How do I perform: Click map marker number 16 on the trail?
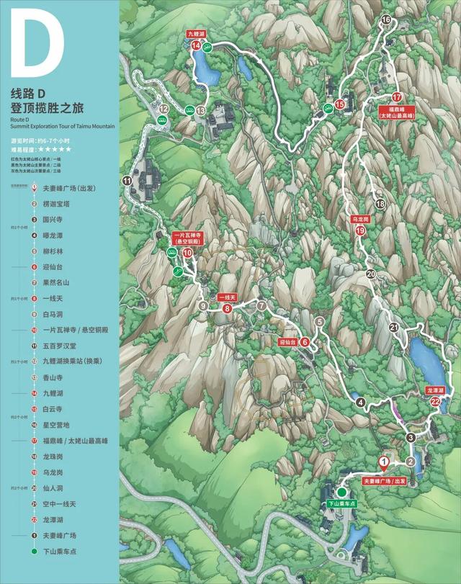386,19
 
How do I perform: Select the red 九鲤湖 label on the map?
196,34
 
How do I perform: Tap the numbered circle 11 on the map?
127,181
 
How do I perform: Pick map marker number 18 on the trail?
380,205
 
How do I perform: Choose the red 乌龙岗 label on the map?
360,217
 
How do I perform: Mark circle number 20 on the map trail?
371,274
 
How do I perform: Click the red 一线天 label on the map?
227,297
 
